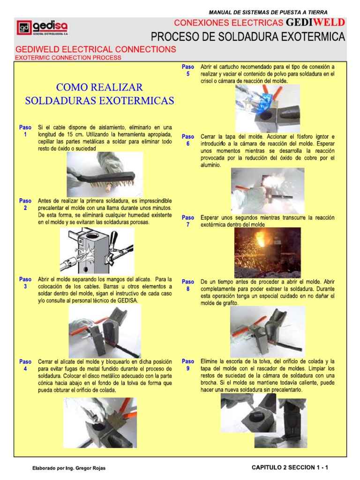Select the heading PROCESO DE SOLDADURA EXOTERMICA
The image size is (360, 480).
[247, 37]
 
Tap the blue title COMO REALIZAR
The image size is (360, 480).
[99, 87]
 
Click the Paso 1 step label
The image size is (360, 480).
[25, 131]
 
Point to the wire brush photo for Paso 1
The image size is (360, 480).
[105, 173]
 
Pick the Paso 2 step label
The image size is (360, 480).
[25, 204]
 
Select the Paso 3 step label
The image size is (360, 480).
[25, 283]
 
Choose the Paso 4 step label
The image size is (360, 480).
[25, 366]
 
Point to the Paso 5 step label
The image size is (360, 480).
[187, 70]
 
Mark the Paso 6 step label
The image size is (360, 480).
[187, 140]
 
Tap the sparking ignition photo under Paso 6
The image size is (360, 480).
[267, 191]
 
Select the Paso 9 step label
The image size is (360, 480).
[187, 365]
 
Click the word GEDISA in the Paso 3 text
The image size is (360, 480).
[127, 300]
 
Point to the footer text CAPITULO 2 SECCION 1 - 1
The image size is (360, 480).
[290, 467]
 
